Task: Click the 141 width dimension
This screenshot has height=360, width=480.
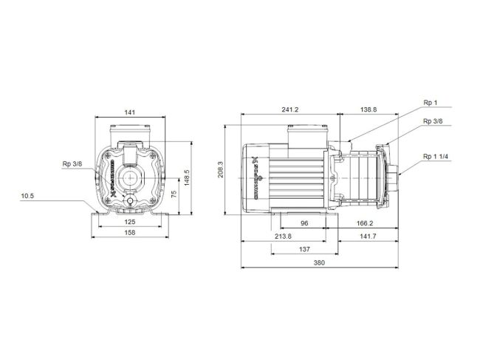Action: coord(129,112)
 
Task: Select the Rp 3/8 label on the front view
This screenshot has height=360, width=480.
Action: coord(72,164)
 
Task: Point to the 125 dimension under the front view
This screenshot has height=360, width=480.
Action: coord(129,221)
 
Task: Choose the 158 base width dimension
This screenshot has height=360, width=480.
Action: coord(129,234)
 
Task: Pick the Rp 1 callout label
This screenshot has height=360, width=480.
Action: coord(430,103)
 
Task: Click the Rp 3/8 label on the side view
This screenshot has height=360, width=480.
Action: coord(433,121)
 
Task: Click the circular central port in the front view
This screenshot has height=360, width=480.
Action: coord(130,178)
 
